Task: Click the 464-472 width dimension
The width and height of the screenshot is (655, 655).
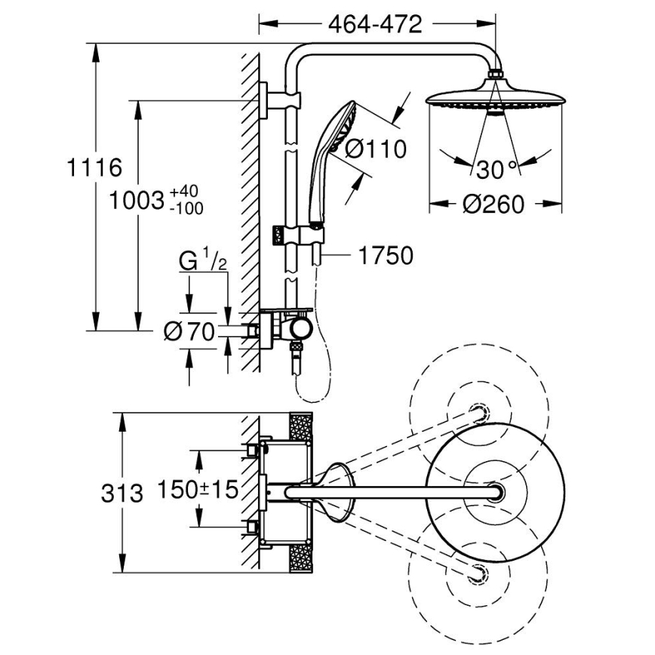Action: coord(374,24)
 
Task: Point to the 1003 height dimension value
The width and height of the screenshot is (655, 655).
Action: coord(137,201)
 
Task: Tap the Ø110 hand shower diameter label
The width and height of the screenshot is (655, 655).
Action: coord(375,149)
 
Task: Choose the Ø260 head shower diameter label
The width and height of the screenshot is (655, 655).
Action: coord(495,204)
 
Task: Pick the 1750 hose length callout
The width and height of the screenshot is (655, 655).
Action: coord(384,256)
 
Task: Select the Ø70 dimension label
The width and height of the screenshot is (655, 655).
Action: coord(190,331)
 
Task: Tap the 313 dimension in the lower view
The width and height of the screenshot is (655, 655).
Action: coord(121,494)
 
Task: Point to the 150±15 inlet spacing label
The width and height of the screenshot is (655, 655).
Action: coord(198,489)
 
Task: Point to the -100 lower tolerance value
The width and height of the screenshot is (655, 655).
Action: coord(187,209)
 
